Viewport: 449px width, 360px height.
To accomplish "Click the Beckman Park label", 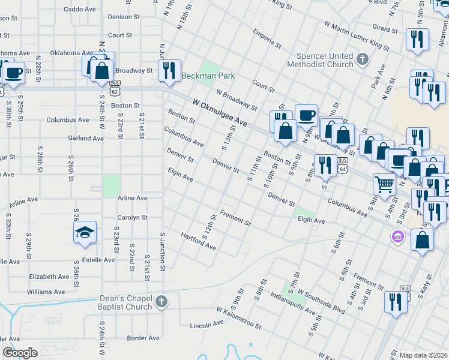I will (208, 76).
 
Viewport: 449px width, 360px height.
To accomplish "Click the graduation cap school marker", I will (85, 232).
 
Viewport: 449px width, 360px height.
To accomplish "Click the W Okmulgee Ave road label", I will (220, 113).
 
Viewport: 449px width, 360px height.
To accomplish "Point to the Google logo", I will (20, 353).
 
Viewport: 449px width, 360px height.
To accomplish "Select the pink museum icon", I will (397, 237).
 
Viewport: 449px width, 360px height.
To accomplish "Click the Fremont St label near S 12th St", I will (235, 218).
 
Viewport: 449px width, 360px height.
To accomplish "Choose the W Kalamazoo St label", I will (239, 319).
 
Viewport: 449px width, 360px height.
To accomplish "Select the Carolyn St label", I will (133, 218).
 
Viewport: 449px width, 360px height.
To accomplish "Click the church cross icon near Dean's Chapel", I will (161, 302).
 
